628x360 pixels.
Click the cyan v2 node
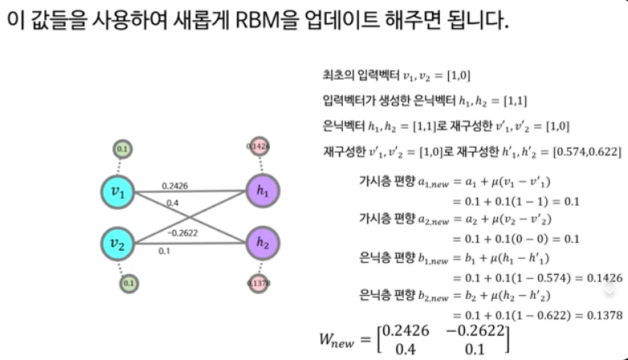click(117, 242)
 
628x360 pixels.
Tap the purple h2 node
click(263, 242)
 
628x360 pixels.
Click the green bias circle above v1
click(122, 149)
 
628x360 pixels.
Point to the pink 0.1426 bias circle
click(259, 147)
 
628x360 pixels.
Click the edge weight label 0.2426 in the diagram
click(174, 186)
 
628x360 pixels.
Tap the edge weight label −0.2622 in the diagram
click(184, 233)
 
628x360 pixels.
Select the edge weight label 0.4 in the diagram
click(172, 203)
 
